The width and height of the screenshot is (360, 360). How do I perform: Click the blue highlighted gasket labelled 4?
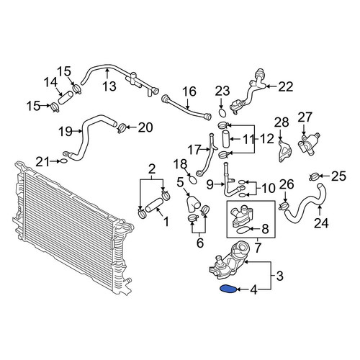pyautogui.click(x=229, y=289)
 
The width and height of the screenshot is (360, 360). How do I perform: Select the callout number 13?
pyautogui.click(x=109, y=86)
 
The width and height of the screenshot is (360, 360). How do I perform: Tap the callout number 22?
pyautogui.click(x=286, y=86)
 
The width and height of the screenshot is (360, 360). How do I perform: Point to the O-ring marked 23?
pyautogui.click(x=222, y=113)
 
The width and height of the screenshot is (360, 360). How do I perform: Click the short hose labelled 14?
pyautogui.click(x=66, y=97)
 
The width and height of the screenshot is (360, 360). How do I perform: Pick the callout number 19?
pyautogui.click(x=66, y=131)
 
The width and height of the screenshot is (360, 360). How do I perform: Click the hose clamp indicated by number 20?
pyautogui.click(x=122, y=127)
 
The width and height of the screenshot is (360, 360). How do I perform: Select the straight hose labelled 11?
pyautogui.click(x=225, y=139)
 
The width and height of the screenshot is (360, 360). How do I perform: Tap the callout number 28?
pyautogui.click(x=282, y=122)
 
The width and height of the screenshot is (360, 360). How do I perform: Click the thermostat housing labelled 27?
pyautogui.click(x=309, y=144)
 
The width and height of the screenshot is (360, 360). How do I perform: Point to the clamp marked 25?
pyautogui.click(x=314, y=177)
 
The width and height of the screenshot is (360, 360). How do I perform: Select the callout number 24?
pyautogui.click(x=321, y=223)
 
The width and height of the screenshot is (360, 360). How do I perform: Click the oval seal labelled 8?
pyautogui.click(x=243, y=230)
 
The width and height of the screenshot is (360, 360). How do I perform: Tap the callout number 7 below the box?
pyautogui.click(x=258, y=248)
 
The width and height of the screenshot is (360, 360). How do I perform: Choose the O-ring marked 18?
pyautogui.click(x=193, y=180)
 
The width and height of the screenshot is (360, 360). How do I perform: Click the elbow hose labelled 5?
pyautogui.click(x=194, y=204)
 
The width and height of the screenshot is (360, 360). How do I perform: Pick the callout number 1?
pyautogui.click(x=166, y=222)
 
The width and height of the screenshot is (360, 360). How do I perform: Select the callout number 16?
pyautogui.click(x=189, y=91)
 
